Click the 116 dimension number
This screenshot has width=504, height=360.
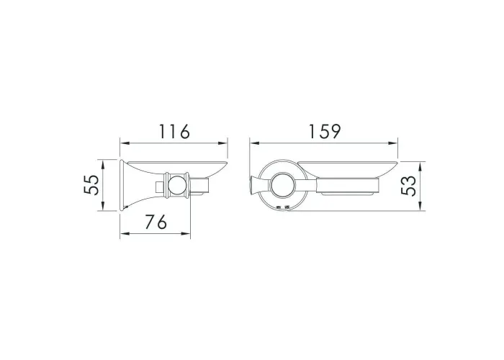175,132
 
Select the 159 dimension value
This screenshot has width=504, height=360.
324,132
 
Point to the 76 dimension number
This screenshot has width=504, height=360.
156,222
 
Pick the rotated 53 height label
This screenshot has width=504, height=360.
408,186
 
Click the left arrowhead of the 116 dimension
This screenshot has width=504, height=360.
125,144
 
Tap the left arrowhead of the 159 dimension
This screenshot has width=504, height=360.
255,144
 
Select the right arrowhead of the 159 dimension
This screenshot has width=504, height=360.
393,144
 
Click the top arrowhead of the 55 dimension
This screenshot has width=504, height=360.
103,165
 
